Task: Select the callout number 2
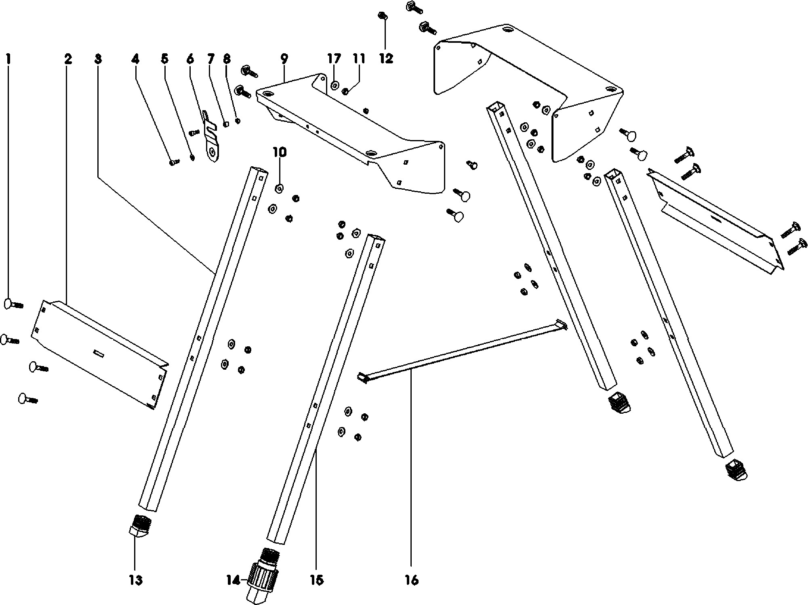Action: pos(68,59)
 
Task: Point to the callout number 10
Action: pos(280,152)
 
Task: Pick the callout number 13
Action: pos(136,580)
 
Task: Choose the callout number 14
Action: pos(234,581)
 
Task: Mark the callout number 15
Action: pos(317,580)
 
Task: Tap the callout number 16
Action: pos(411,580)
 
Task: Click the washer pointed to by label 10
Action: pos(279,188)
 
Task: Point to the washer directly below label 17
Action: pos(335,85)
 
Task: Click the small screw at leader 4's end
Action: pos(174,162)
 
